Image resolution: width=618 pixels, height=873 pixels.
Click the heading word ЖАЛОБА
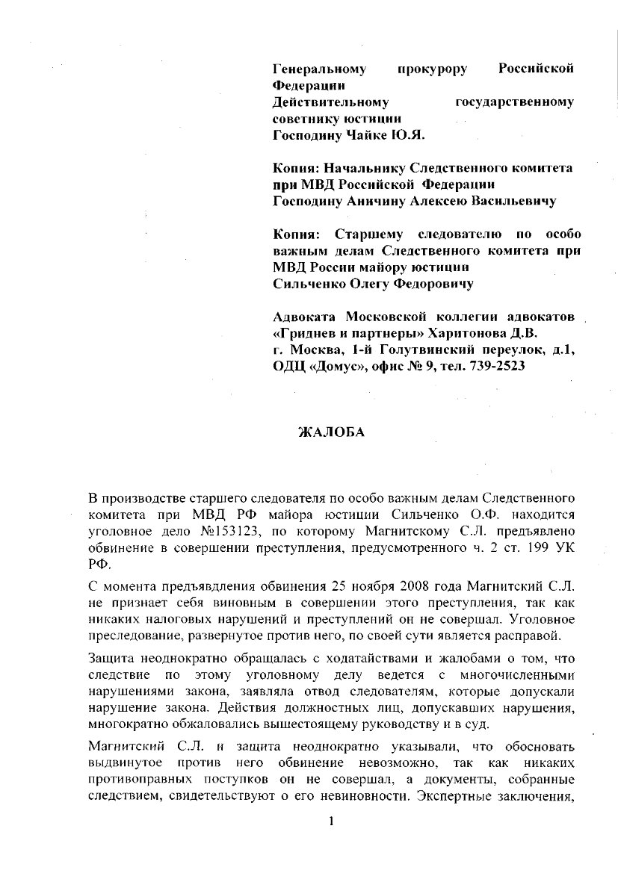[331, 432]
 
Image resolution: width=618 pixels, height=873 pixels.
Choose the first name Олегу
[372, 283]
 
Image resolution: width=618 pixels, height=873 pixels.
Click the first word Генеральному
[320, 69]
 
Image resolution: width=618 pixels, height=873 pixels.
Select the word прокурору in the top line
[433, 69]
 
